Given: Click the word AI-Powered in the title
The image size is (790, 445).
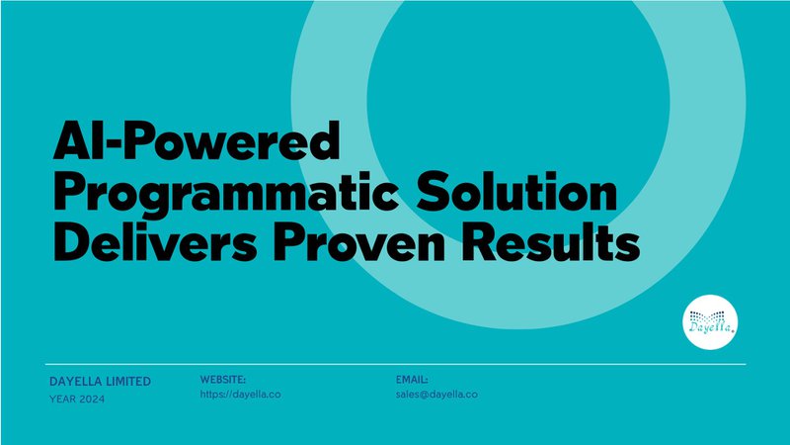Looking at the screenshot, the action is pyautogui.click(x=197, y=139).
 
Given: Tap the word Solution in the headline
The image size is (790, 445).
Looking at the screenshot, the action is pyautogui.click(x=516, y=192).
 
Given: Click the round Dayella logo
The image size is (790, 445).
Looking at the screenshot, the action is pyautogui.click(x=710, y=322).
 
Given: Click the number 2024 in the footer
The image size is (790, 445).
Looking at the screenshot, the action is pyautogui.click(x=92, y=400).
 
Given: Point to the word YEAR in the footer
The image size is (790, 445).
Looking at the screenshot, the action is pyautogui.click(x=63, y=400).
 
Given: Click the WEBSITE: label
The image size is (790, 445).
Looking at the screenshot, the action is pyautogui.click(x=223, y=380).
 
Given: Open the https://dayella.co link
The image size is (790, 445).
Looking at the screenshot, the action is pyautogui.click(x=240, y=395).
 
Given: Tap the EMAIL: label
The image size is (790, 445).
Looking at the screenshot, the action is pyautogui.click(x=412, y=380).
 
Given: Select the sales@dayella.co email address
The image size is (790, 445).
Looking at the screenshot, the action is pyautogui.click(x=436, y=395).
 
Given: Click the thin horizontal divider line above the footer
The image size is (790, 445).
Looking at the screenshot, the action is pyautogui.click(x=396, y=364).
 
